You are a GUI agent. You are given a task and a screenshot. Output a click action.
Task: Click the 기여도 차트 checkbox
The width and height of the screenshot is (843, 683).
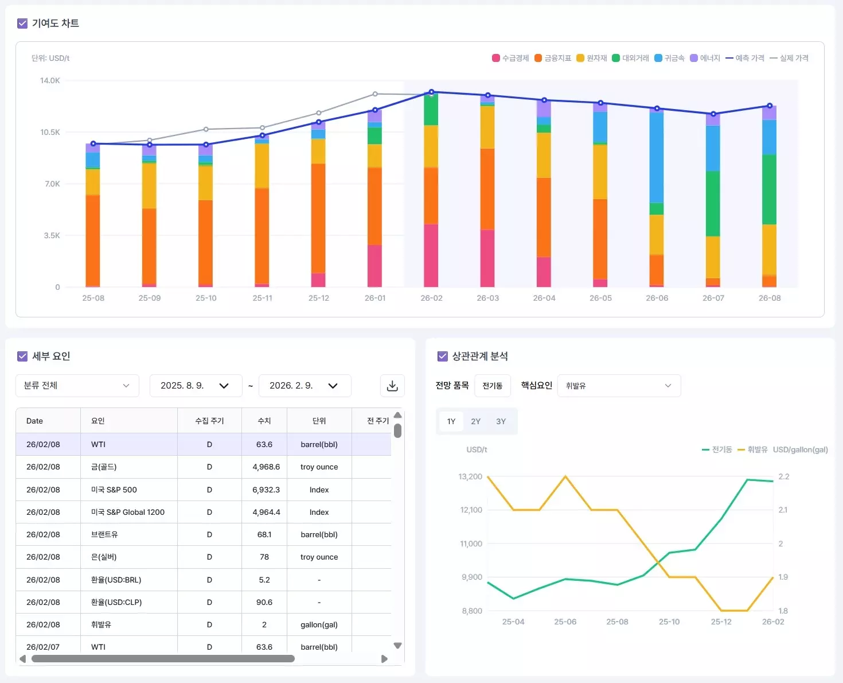click(22, 24)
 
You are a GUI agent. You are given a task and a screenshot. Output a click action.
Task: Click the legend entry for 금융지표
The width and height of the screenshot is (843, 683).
click(553, 58)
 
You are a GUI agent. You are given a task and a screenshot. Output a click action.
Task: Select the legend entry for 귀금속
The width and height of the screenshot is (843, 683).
click(669, 58)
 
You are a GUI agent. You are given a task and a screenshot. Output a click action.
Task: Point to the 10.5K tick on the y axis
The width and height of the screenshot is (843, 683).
click(50, 132)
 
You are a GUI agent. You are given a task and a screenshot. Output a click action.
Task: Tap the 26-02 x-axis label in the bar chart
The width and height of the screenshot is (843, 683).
click(431, 298)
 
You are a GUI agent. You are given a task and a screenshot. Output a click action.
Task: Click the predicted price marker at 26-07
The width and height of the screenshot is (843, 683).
click(713, 114)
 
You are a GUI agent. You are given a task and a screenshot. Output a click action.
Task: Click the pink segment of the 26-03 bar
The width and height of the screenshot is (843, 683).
click(487, 258)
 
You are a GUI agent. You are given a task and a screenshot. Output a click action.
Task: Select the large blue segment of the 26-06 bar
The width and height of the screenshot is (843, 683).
click(657, 158)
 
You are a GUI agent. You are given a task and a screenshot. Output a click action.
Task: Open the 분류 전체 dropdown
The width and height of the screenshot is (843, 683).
click(77, 386)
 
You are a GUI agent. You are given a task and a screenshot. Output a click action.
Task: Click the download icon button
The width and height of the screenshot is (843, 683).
click(392, 386)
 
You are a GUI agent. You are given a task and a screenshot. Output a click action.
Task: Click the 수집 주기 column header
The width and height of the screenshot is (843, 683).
click(209, 421)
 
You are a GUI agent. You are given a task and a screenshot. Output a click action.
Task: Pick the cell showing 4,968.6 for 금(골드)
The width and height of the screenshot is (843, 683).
click(266, 467)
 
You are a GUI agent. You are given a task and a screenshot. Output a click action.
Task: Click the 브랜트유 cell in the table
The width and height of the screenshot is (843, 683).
click(104, 534)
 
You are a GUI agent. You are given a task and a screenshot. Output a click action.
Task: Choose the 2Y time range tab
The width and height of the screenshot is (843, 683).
click(475, 421)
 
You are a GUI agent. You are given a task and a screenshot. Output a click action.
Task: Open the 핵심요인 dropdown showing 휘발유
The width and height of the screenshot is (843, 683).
click(618, 386)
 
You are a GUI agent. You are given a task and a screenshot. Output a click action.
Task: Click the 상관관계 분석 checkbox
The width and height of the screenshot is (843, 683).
click(442, 356)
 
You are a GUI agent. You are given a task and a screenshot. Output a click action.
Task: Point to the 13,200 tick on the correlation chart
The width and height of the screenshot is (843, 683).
click(470, 476)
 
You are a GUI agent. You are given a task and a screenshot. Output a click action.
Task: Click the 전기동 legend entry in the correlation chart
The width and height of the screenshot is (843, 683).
click(717, 449)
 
